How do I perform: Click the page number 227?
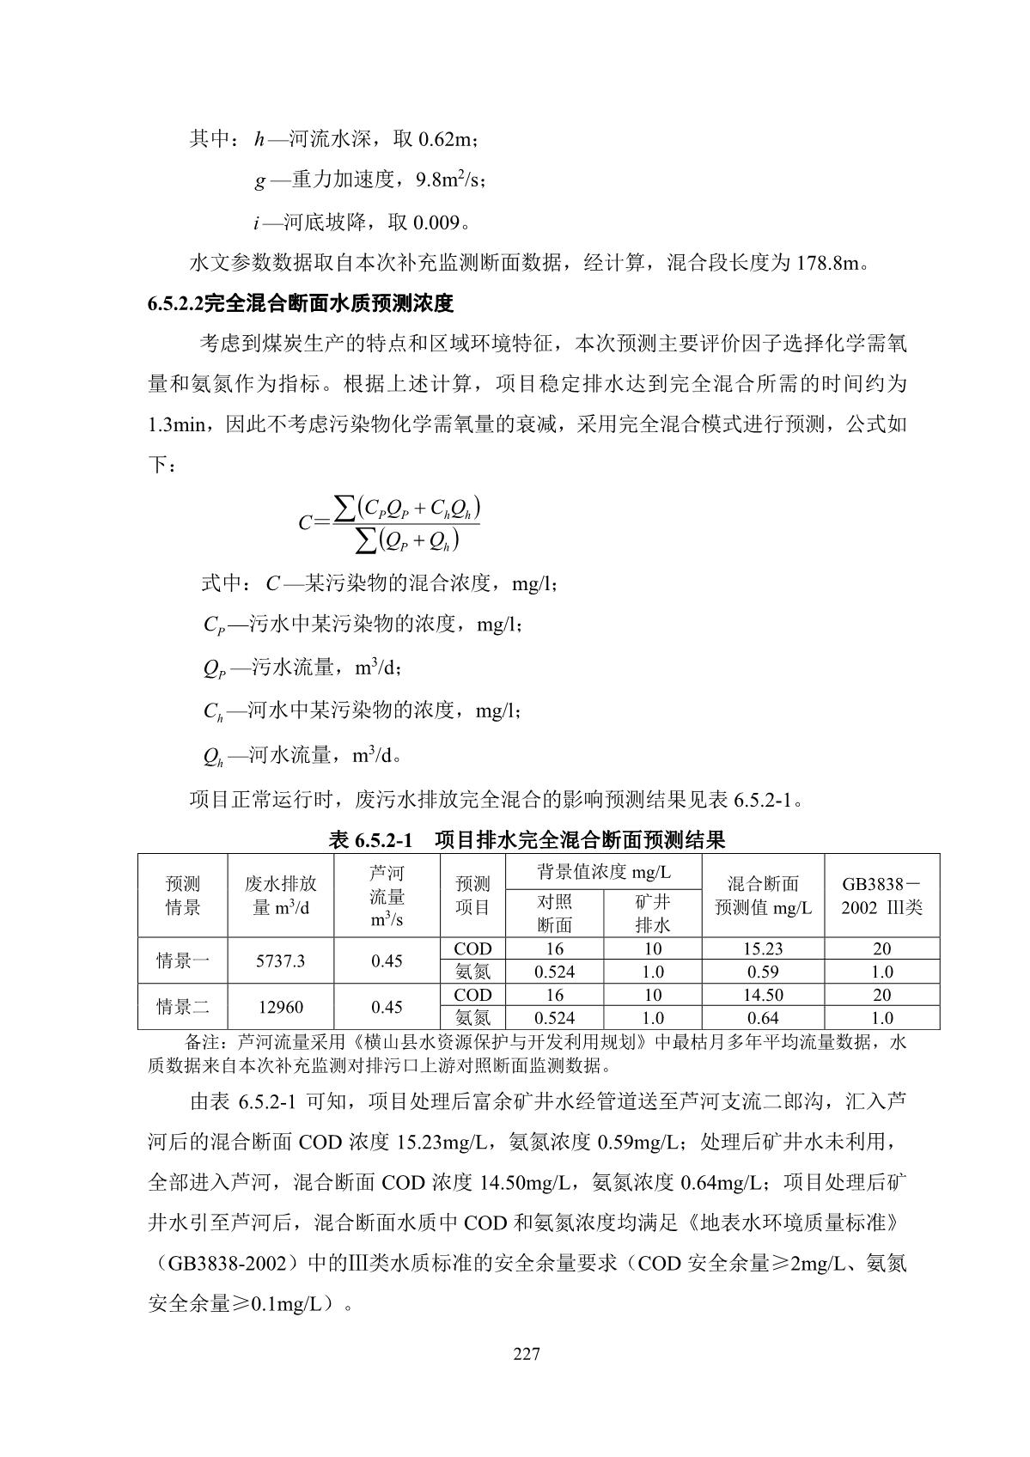click(526, 1355)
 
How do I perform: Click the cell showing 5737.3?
click(280, 961)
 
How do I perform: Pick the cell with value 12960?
click(280, 1007)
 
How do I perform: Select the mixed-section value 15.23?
click(763, 949)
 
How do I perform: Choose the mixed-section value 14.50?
click(763, 996)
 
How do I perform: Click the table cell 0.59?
click(763, 972)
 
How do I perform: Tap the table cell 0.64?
click(763, 1019)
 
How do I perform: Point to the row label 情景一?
click(182, 961)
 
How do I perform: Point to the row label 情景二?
click(182, 1007)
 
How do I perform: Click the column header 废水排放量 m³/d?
click(280, 895)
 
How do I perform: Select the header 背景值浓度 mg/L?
click(604, 873)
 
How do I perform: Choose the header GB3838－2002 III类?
click(881, 895)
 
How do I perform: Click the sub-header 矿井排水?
click(652, 913)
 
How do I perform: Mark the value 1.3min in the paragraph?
click(176, 425)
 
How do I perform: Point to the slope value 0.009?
click(436, 223)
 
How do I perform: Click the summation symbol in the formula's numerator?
click(344, 508)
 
